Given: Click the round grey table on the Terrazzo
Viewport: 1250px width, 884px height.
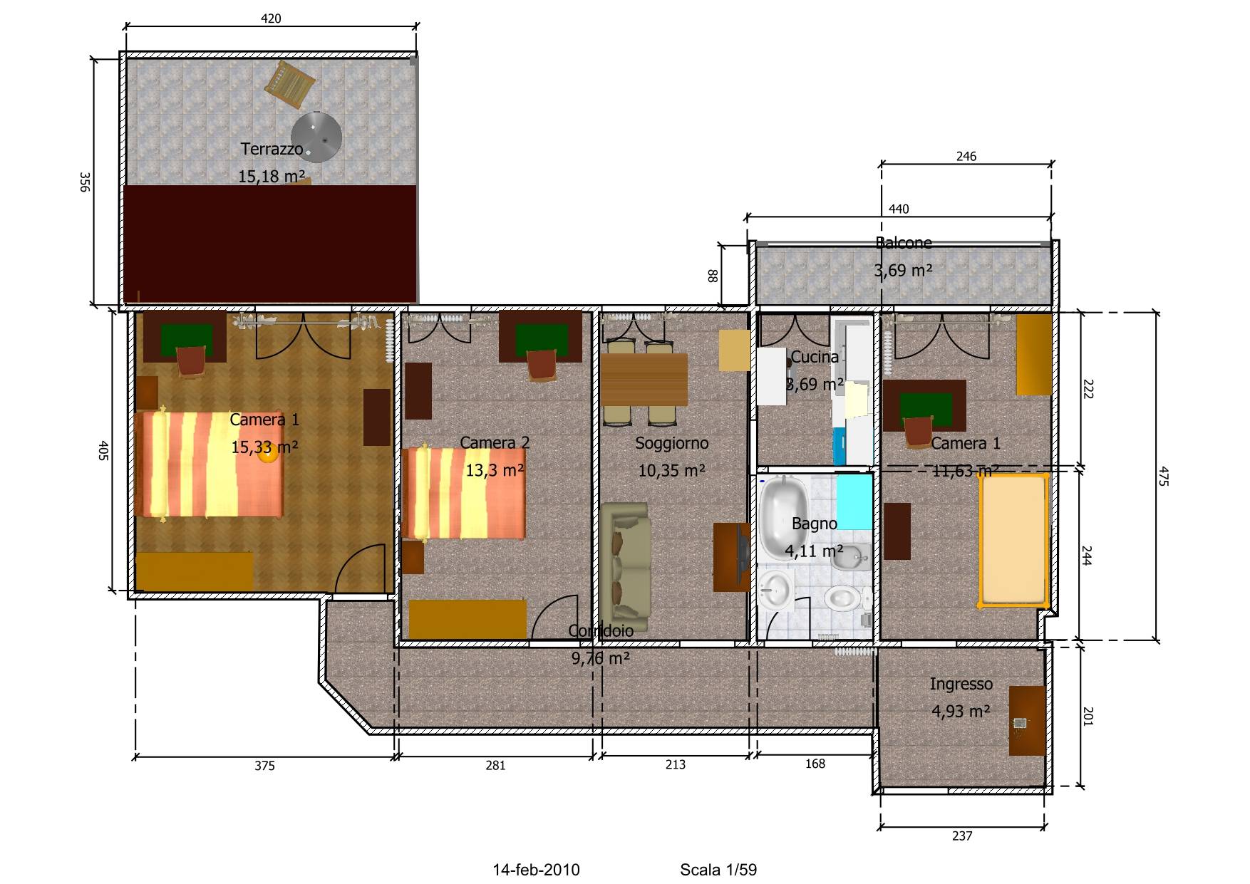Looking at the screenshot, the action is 316,137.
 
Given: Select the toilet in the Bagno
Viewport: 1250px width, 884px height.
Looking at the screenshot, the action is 845,598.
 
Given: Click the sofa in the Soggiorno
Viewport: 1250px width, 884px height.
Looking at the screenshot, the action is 624,567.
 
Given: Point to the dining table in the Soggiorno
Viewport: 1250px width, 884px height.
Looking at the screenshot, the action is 644,380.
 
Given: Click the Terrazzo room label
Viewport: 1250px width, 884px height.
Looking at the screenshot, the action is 272,149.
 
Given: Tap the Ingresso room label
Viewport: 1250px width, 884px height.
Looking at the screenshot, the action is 961,684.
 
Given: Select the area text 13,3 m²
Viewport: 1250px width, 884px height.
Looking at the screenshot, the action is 495,470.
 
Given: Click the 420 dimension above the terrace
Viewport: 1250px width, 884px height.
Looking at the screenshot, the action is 271,19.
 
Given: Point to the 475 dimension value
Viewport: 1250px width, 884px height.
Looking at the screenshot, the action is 1163,476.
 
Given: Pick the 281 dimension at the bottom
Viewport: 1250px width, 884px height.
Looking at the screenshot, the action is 495,766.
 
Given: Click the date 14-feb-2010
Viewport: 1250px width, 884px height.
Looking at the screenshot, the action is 536,870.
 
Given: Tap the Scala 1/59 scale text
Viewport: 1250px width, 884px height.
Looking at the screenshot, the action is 718,870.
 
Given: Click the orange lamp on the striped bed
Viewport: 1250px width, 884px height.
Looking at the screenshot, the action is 268,454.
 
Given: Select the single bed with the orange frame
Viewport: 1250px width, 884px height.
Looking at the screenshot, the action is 1013,540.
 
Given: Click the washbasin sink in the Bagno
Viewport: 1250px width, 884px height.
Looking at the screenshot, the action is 776,589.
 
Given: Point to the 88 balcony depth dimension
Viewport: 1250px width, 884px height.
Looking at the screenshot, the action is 712,275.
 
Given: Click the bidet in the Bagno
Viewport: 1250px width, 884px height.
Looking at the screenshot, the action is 851,558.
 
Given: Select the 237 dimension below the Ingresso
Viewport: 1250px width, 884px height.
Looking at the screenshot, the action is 962,836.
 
